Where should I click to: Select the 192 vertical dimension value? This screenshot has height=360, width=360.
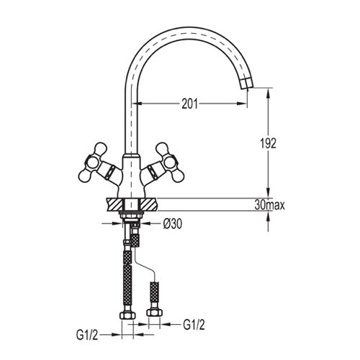[x=268, y=143]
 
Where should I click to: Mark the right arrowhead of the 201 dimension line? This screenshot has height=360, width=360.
[x=246, y=104]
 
